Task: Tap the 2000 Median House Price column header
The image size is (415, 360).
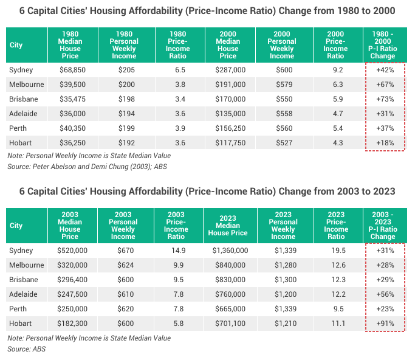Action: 228,44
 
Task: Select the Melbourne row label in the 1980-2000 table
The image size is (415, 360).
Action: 25,85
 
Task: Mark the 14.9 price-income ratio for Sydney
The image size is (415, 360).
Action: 176,251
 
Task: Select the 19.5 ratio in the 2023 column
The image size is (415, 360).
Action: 335,251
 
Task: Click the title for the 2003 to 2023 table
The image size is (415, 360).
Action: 207,192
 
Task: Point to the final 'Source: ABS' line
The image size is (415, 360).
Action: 27,349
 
